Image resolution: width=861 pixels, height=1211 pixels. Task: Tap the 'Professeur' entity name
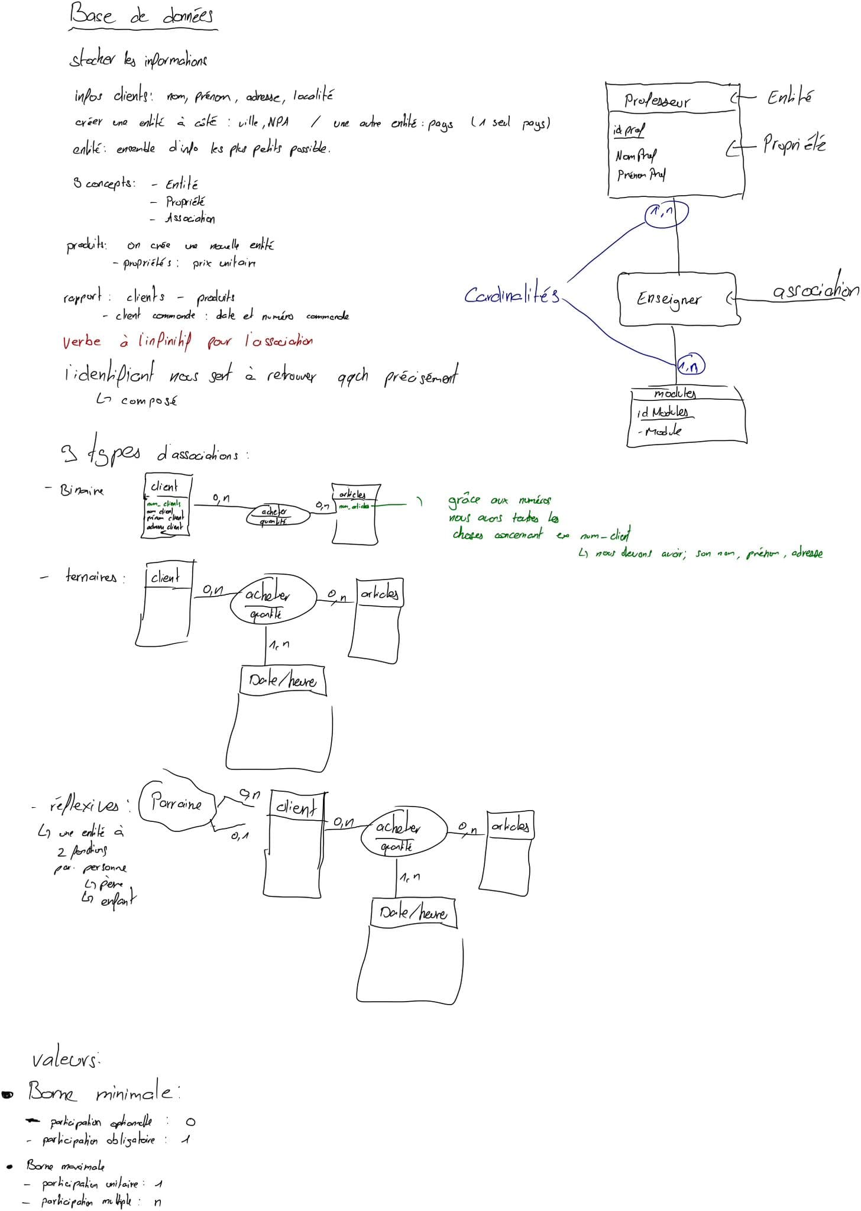[x=656, y=101]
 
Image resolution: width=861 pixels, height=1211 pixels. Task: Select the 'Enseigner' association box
[x=677, y=299]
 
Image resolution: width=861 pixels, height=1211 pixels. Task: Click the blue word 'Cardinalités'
[x=512, y=294]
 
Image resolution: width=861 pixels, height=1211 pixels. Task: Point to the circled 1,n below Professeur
[x=666, y=213]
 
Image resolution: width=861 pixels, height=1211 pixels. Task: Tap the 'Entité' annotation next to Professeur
[x=789, y=97]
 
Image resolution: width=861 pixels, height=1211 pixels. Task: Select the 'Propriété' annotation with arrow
[x=794, y=144]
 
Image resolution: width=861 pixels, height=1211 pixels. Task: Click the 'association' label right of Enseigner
[x=815, y=290]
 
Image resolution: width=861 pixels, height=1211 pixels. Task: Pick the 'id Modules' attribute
[x=662, y=412]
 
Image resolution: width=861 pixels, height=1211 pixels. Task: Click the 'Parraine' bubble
[x=176, y=804]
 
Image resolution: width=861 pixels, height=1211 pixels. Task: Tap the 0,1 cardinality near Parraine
[x=239, y=836]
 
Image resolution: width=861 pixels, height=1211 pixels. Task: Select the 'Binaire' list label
[x=82, y=490]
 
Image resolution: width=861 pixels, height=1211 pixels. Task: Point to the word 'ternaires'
[x=91, y=577]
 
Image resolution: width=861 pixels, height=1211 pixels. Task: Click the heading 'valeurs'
[x=64, y=1060]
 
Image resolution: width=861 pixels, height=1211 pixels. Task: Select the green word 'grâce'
[x=464, y=501]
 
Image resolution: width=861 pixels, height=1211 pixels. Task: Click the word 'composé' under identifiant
[x=148, y=401]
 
